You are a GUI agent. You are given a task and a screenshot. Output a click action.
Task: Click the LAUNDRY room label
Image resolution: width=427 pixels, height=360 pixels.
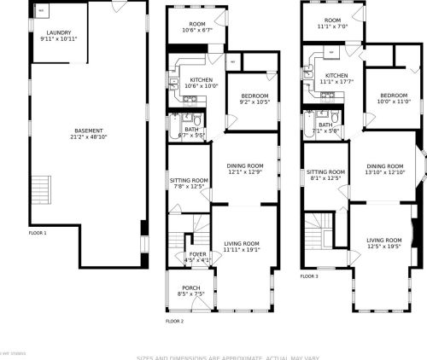point(58,32)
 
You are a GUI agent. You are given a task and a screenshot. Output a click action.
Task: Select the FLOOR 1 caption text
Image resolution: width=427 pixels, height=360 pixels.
point(38,232)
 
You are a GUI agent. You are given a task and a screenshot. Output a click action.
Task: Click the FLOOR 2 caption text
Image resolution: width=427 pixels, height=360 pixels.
point(174,321)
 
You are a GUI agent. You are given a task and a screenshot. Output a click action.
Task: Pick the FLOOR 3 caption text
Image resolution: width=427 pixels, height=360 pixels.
point(309,276)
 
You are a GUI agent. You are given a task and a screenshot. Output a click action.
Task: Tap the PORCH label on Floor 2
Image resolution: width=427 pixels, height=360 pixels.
point(191,287)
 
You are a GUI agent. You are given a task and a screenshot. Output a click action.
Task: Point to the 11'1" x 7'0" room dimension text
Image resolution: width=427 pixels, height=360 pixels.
point(332,26)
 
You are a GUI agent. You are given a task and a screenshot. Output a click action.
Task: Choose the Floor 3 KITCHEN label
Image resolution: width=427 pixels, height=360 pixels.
point(336,75)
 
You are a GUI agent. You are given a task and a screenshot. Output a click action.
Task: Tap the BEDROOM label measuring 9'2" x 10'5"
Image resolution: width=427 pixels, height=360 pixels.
point(254,96)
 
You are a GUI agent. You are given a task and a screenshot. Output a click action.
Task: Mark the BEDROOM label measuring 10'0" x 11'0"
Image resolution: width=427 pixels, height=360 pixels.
point(394,95)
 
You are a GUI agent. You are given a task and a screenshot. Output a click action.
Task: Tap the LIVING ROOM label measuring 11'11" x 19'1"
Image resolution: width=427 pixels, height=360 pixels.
point(242,244)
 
